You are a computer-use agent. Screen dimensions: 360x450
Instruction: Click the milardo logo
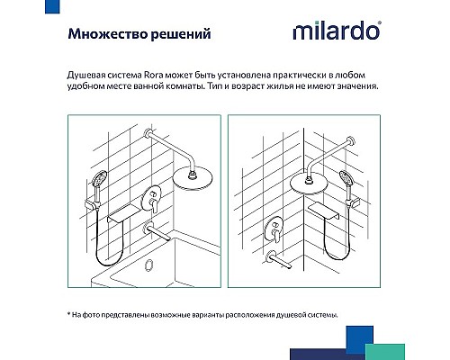click(335, 34)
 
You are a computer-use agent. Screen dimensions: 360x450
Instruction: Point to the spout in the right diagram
click(282, 265)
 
